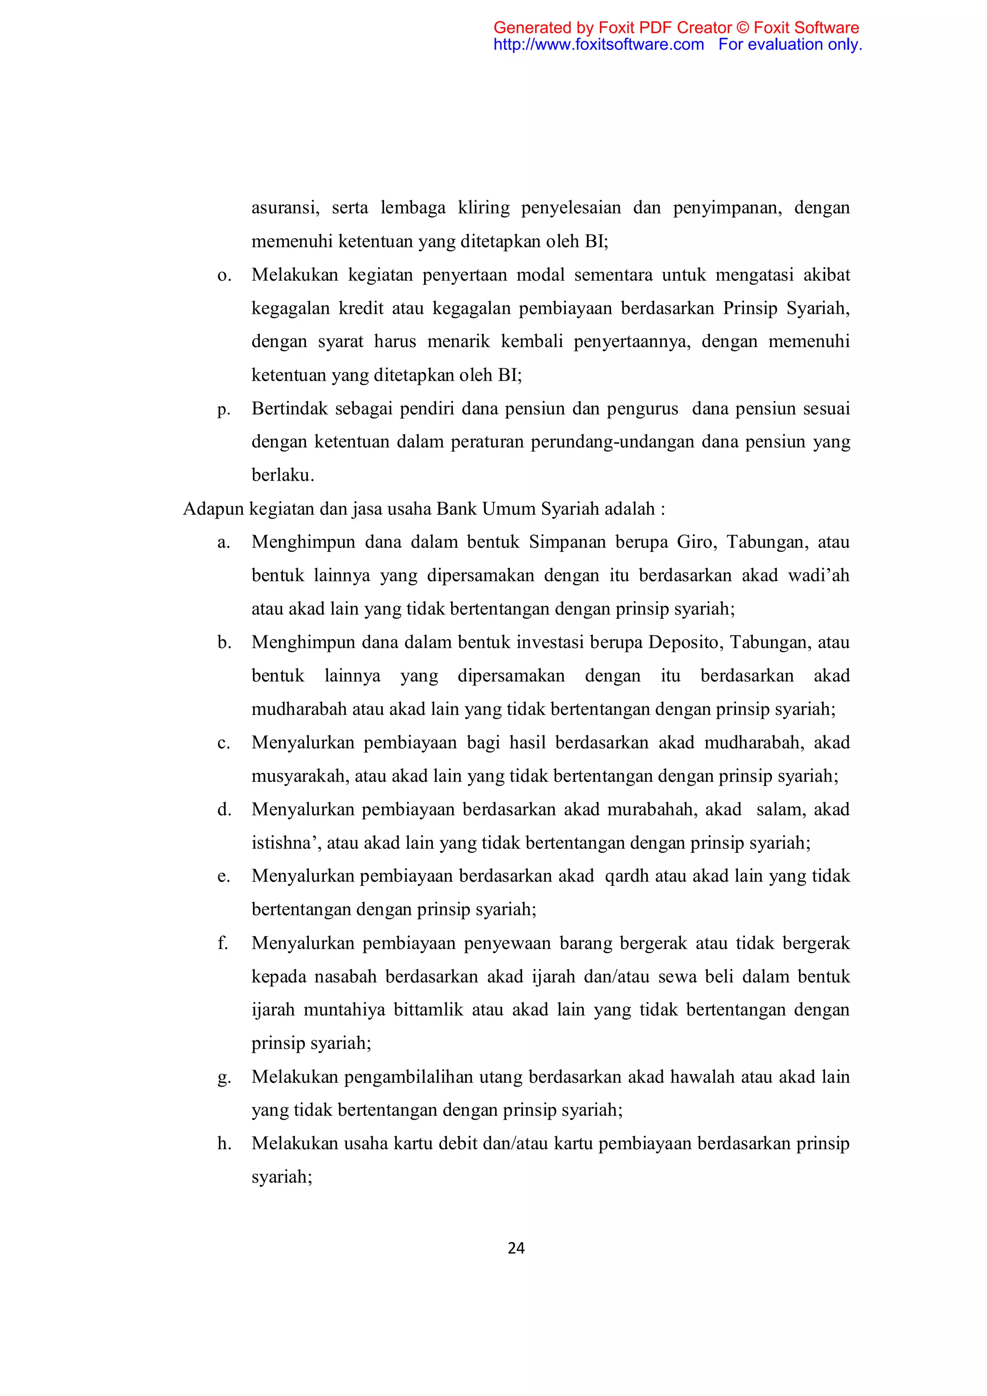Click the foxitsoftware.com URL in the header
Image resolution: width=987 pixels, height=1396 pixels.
[x=598, y=44]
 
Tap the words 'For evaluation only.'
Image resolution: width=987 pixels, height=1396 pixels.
[x=790, y=44]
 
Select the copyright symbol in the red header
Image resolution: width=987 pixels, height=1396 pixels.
[x=743, y=27]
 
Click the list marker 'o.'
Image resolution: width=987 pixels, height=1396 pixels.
[x=224, y=275]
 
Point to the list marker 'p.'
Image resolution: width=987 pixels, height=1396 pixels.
[x=224, y=409]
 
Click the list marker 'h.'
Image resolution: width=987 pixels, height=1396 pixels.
[x=224, y=1144]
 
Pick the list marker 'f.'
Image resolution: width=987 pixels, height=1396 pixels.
[x=223, y=943]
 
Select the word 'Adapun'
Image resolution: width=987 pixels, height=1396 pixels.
[x=214, y=509]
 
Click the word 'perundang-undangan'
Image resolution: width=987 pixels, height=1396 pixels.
[x=613, y=442]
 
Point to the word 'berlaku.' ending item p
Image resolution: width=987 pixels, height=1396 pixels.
[x=282, y=475]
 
